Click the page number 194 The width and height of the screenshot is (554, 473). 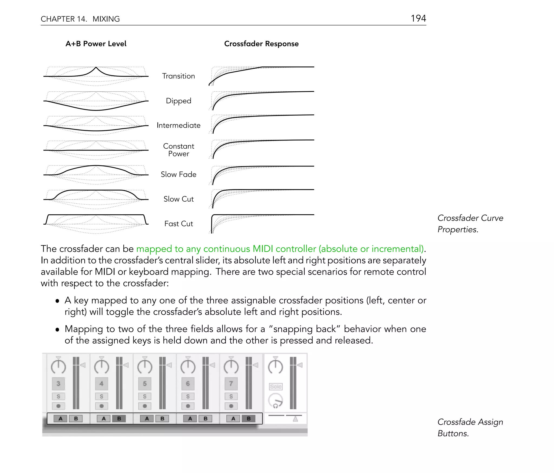[x=418, y=18]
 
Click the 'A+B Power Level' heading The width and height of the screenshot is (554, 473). [x=96, y=44]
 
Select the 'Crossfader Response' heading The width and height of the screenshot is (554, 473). [x=261, y=44]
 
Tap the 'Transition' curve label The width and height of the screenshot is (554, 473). [x=178, y=76]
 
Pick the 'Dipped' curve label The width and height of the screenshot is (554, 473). [x=178, y=101]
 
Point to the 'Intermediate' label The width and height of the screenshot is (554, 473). [x=178, y=125]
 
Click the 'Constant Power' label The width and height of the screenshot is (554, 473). [x=178, y=150]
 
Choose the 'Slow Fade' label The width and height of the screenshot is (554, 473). [x=178, y=174]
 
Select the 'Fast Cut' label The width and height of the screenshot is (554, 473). [x=178, y=224]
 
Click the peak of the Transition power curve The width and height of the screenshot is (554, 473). [x=96, y=67]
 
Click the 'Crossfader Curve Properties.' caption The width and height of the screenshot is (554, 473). [x=470, y=224]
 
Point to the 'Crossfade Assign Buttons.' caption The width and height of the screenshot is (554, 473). [x=470, y=427]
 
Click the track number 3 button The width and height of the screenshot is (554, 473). [x=58, y=383]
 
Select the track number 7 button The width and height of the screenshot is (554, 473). [x=231, y=383]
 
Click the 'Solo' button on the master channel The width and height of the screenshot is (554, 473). [x=275, y=387]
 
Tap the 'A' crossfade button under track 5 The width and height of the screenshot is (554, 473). [x=147, y=418]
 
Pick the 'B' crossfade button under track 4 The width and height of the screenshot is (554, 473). [x=119, y=418]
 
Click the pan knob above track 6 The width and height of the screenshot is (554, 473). [x=188, y=366]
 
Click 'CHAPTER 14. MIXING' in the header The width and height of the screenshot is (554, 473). [x=80, y=19]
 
